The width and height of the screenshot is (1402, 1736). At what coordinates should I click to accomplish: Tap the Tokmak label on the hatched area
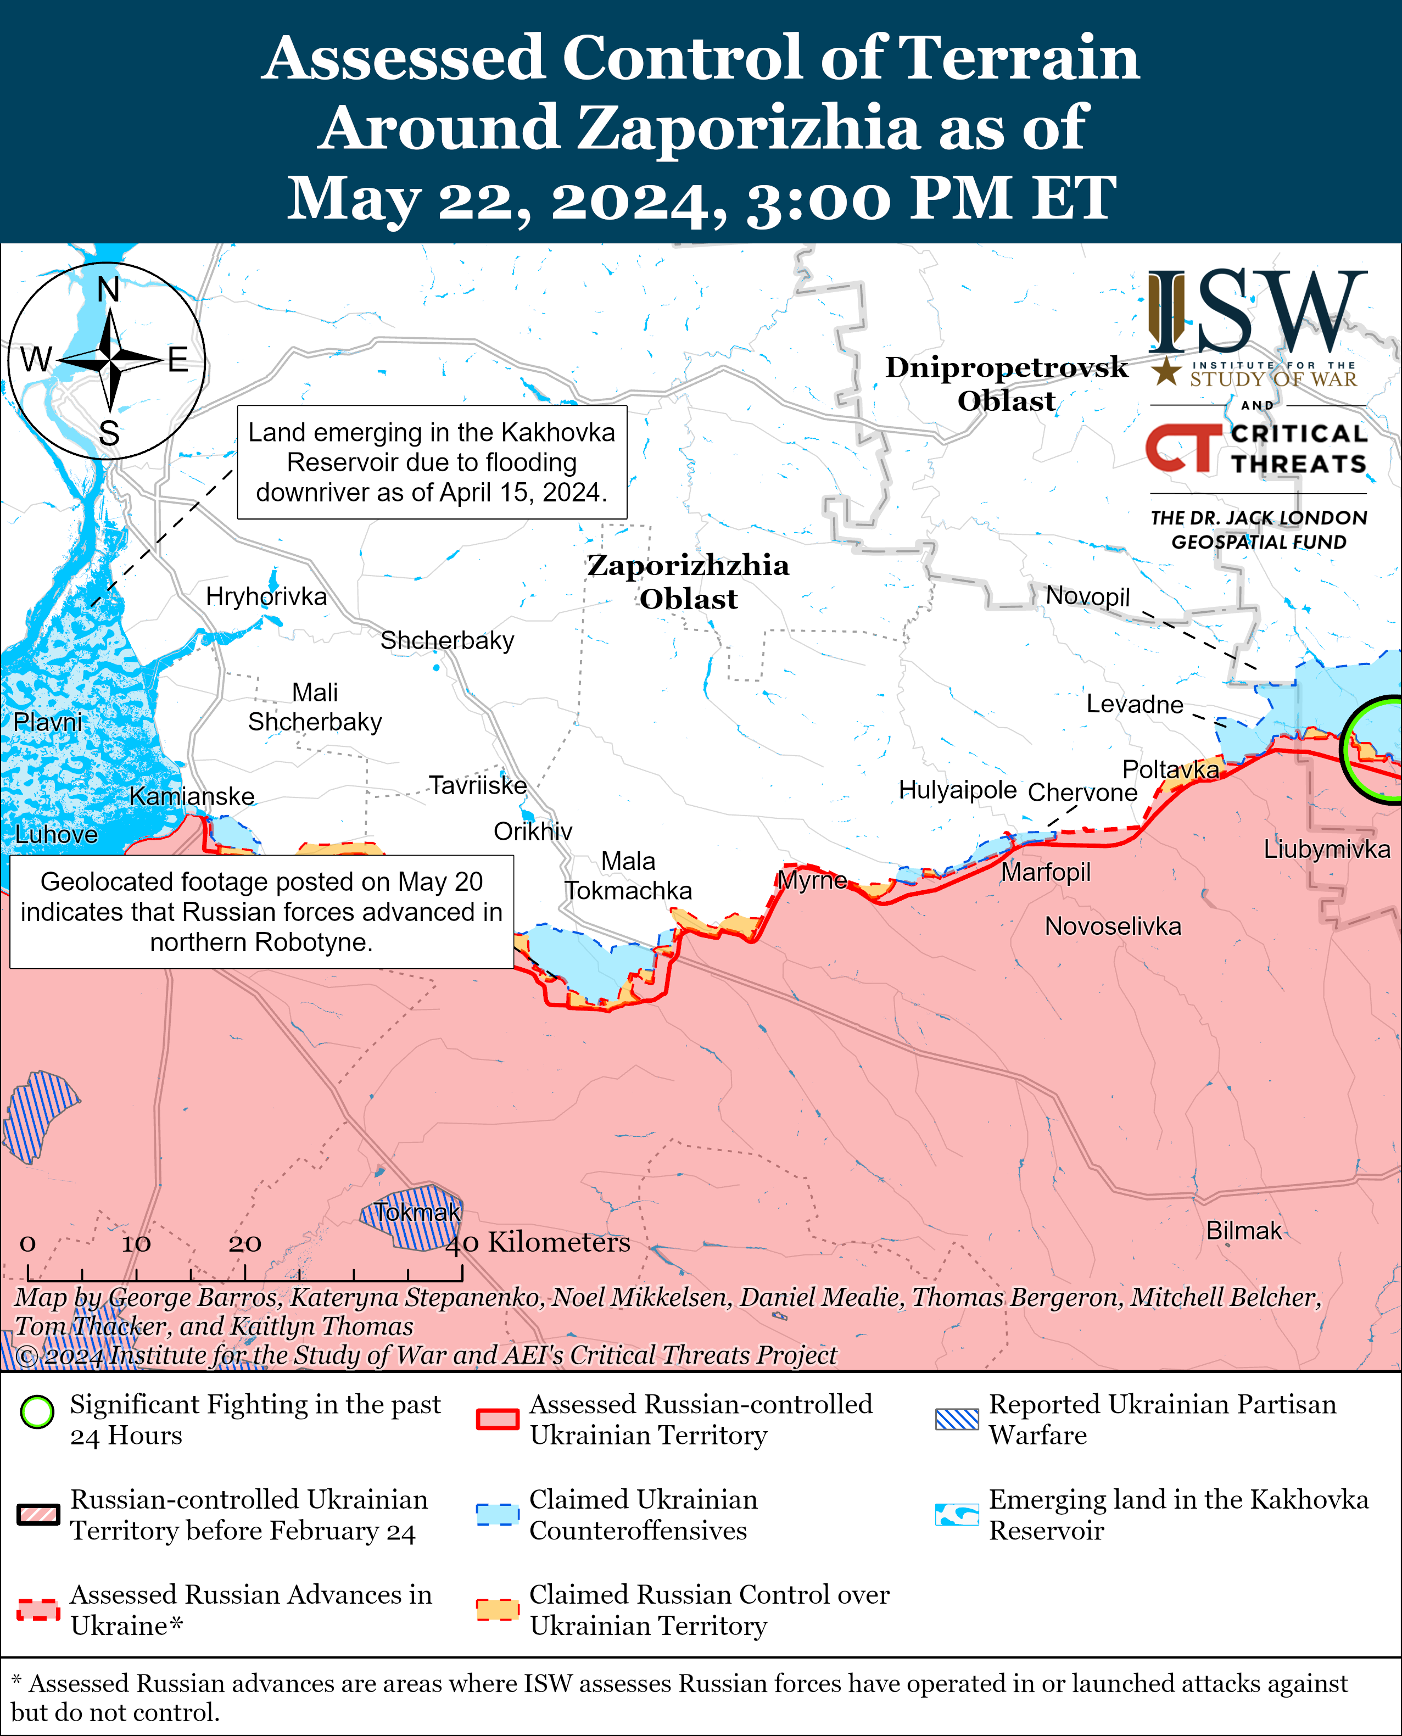(417, 1212)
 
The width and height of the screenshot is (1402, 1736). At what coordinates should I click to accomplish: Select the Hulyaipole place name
(957, 790)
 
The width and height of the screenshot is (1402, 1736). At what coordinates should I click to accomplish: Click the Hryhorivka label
(266, 597)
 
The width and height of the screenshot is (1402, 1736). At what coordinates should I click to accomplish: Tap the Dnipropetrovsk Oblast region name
(1006, 383)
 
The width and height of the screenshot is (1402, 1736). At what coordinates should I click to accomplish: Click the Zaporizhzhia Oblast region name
(688, 582)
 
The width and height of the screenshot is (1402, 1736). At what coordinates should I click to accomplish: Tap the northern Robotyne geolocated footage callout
(261, 912)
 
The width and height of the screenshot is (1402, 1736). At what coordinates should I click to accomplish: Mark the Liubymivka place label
(1326, 850)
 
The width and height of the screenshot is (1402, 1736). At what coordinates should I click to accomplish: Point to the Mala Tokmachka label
(628, 876)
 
